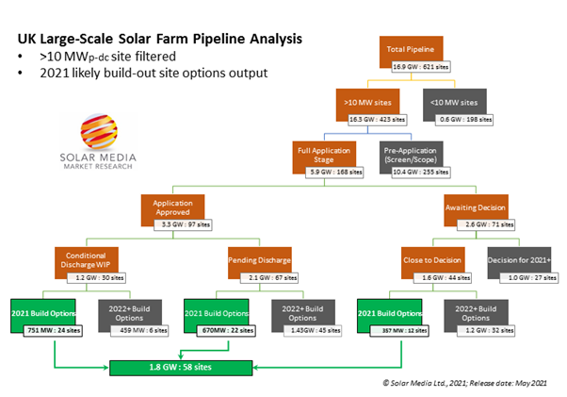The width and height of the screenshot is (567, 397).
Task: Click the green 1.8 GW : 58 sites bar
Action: [x=221, y=363]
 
